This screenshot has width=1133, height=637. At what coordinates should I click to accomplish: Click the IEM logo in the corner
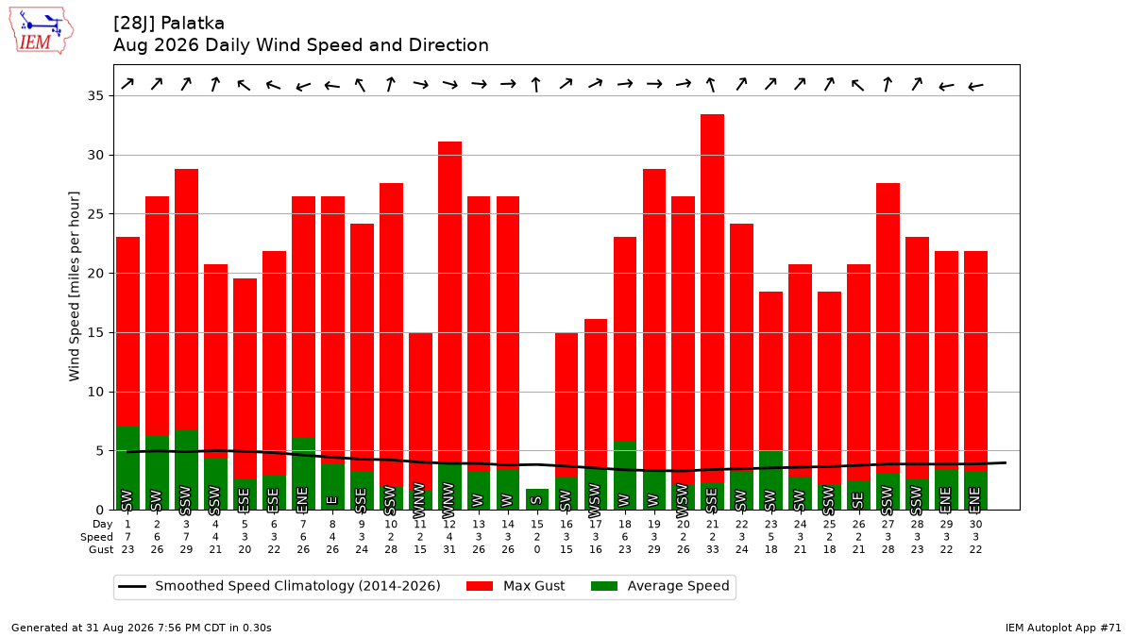coord(42,31)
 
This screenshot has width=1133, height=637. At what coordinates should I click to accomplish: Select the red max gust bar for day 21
coord(712,299)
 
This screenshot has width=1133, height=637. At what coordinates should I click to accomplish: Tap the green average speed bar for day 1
coord(128,468)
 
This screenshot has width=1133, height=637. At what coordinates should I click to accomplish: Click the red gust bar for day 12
coord(449,303)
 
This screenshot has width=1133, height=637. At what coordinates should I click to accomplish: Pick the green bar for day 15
coord(537,499)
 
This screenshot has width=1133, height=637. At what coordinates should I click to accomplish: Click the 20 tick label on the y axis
coord(95,273)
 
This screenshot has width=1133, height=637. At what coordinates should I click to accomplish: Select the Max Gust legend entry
coord(516,586)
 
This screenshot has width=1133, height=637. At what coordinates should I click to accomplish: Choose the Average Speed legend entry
coord(660,586)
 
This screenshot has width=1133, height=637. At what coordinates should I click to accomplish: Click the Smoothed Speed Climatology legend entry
coord(279,586)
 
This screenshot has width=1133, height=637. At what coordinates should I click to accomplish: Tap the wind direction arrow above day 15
coord(536,84)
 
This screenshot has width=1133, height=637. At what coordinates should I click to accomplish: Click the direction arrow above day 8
coord(332,86)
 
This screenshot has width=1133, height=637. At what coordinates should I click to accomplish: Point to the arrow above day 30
coord(975,87)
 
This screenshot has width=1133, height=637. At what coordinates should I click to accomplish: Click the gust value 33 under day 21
coord(712,549)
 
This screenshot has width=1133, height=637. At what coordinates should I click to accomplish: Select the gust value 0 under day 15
coord(537,549)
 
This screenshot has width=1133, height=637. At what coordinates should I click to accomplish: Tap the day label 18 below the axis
coord(625,525)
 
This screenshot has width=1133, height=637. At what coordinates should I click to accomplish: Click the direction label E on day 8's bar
coord(332,500)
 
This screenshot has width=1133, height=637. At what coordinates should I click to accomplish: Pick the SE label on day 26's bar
coord(858,500)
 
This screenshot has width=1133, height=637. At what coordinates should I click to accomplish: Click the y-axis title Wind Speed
coord(74,341)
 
